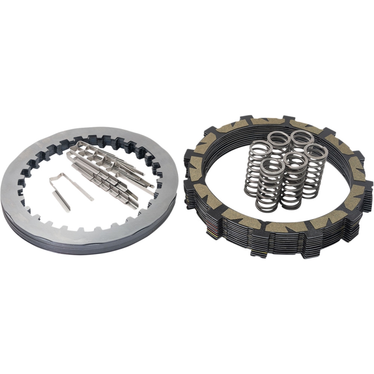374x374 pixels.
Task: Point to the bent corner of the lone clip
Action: click(53, 179)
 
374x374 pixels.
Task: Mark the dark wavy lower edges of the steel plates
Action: click(93, 247)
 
